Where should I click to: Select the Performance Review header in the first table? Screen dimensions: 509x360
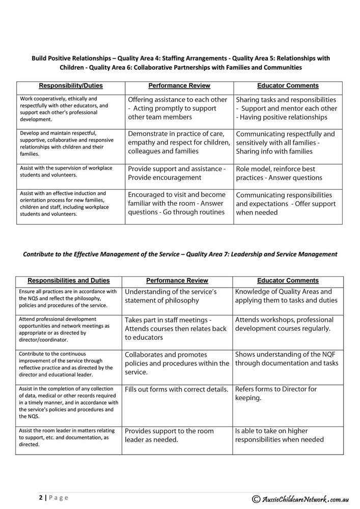tap(179, 86)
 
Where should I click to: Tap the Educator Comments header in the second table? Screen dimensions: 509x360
tap(288, 280)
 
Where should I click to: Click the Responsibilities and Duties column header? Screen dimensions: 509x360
tap(68, 280)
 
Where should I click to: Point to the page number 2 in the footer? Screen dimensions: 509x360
tap(40, 497)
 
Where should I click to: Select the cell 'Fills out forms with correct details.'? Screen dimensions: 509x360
tap(177, 389)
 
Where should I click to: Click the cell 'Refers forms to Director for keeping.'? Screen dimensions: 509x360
tap(275, 393)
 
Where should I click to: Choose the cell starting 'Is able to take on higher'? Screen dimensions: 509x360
tap(279, 435)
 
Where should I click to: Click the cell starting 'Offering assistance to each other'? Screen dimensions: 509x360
tap(177, 108)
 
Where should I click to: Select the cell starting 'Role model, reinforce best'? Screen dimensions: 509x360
tap(279, 173)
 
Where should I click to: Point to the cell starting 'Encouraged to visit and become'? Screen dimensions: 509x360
tap(177, 203)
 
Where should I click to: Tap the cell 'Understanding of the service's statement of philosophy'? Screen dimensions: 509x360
tap(171, 296)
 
